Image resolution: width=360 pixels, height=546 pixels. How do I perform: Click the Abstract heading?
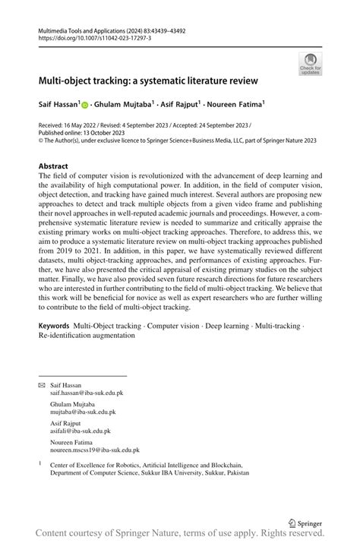(x=54, y=165)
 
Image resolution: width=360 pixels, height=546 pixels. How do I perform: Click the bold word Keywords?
(x=55, y=325)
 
